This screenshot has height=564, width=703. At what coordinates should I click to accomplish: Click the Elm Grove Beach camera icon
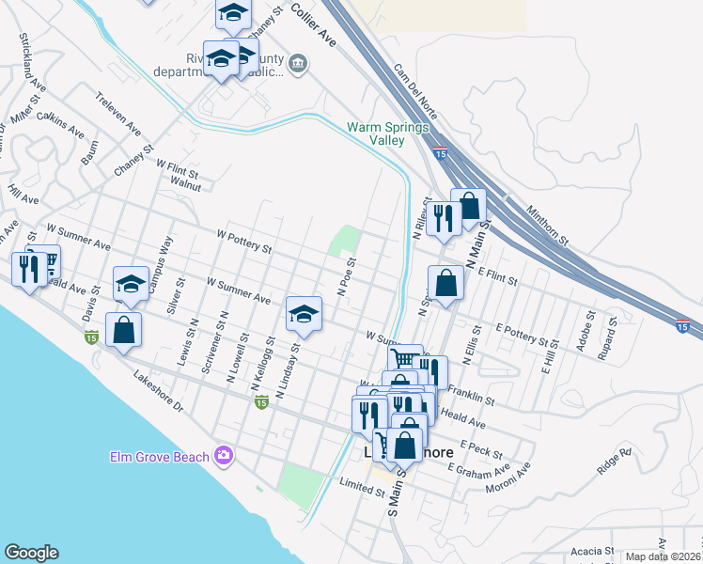(x=224, y=456)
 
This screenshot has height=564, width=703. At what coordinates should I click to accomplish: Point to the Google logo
(x=31, y=553)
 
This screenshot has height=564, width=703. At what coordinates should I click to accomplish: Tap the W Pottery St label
(x=243, y=243)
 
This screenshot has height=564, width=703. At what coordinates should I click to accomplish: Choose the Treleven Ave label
(x=117, y=112)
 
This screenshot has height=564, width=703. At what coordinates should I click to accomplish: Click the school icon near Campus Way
(x=132, y=283)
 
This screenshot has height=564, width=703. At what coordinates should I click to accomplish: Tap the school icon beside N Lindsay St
(x=304, y=313)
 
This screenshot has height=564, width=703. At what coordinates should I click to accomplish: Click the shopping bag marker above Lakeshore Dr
(x=123, y=329)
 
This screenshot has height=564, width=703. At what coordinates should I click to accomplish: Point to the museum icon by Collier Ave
(x=299, y=64)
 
